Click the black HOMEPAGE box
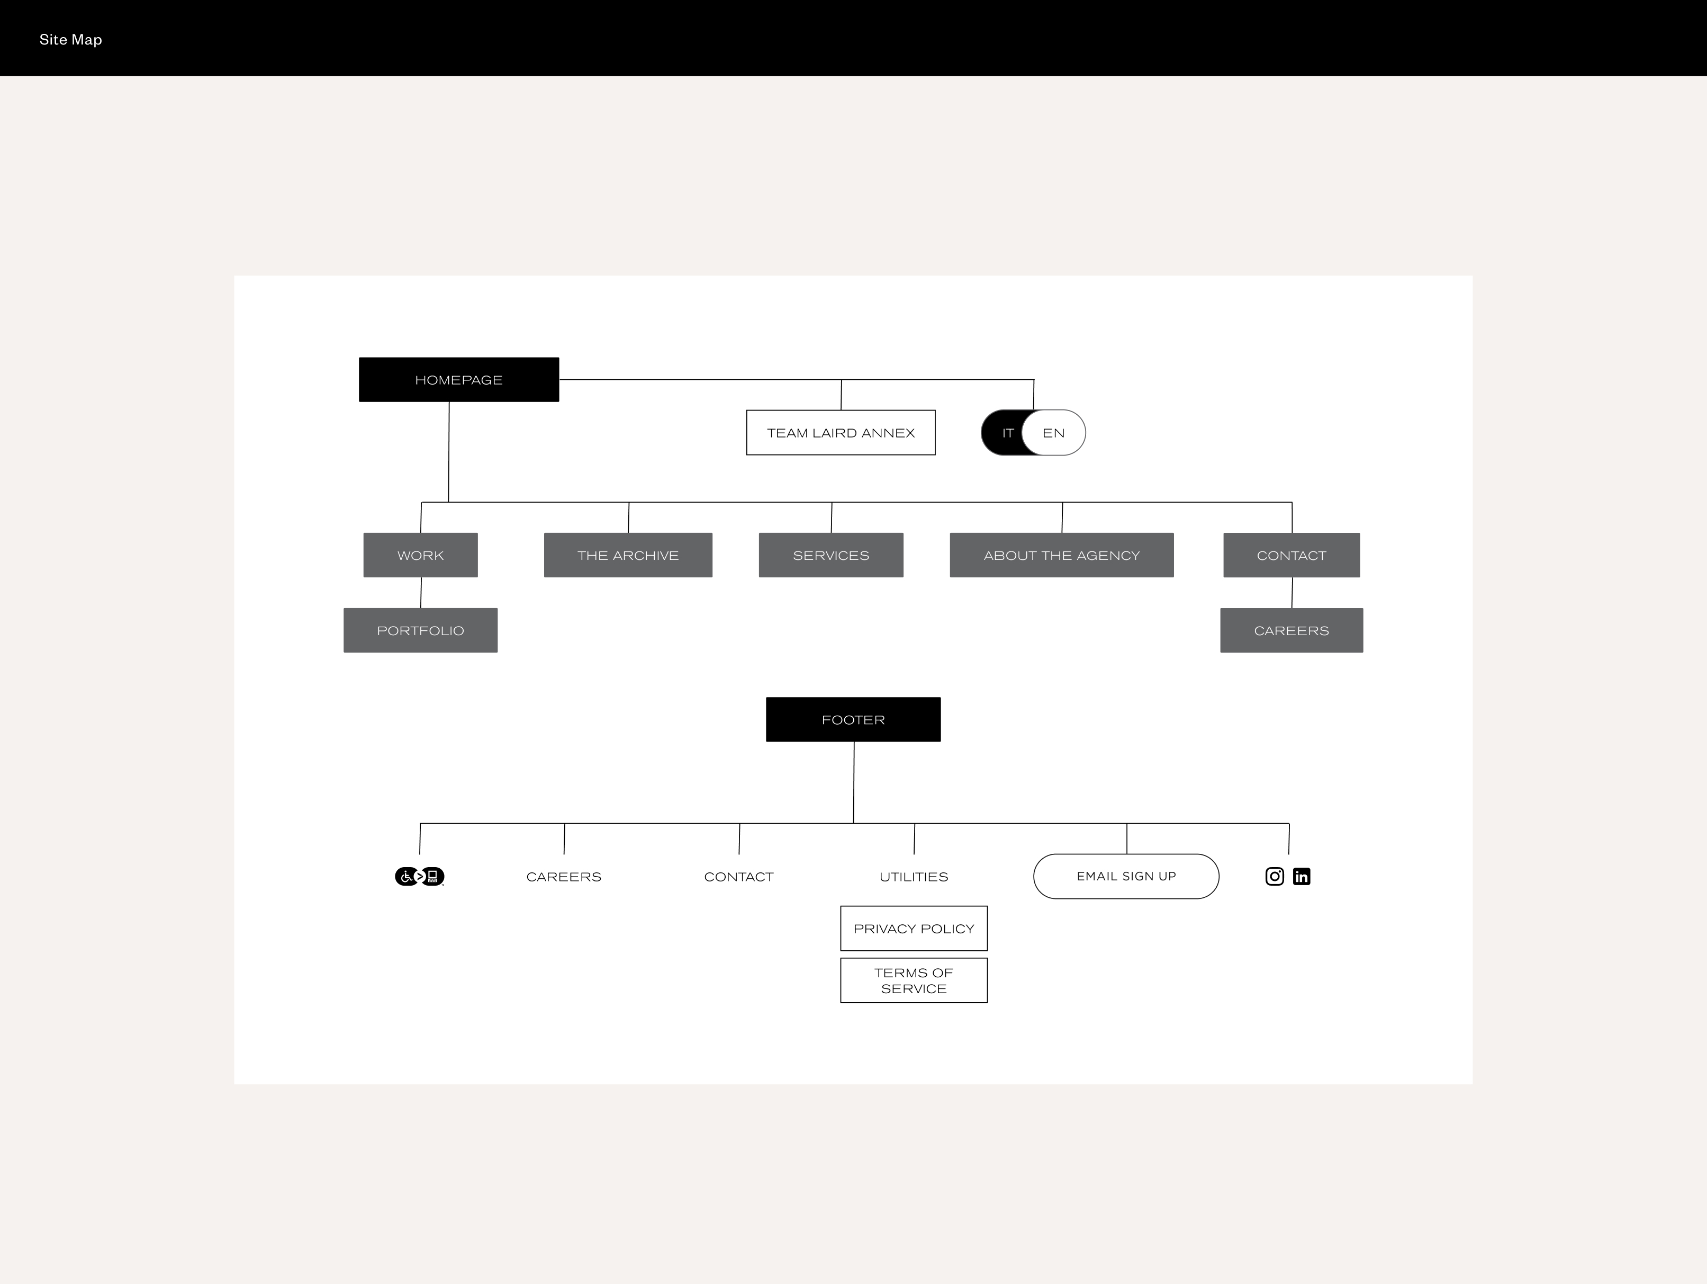[458, 379]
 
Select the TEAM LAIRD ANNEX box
[841, 432]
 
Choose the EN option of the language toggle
[1053, 432]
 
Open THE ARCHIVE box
[627, 555]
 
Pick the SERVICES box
[830, 555]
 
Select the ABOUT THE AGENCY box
[1061, 555]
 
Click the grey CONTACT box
[1291, 555]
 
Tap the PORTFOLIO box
[420, 630]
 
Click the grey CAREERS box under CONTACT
[1291, 630]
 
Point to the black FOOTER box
[853, 719]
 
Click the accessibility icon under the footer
[419, 876]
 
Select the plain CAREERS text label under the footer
[563, 876]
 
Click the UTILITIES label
[914, 876]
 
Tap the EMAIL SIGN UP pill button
[1126, 876]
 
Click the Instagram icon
[1274, 876]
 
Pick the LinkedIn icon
[1301, 876]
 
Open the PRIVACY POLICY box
[914, 928]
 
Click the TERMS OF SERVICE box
[914, 980]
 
